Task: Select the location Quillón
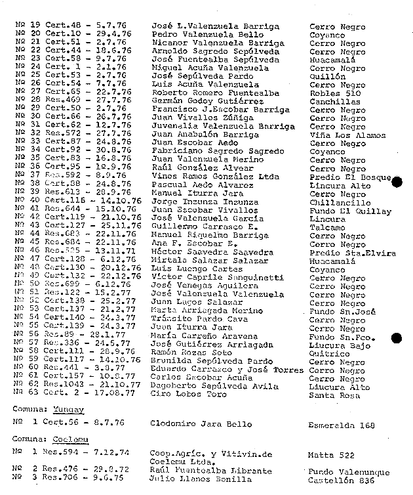click(x=327, y=77)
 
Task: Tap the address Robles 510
click(x=335, y=94)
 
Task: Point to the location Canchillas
click(x=334, y=102)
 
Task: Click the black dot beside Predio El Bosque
click(x=395, y=181)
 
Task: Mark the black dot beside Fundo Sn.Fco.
click(x=395, y=338)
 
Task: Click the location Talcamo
click(x=326, y=228)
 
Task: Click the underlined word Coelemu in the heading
click(x=71, y=439)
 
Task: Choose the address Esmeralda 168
click(x=341, y=425)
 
